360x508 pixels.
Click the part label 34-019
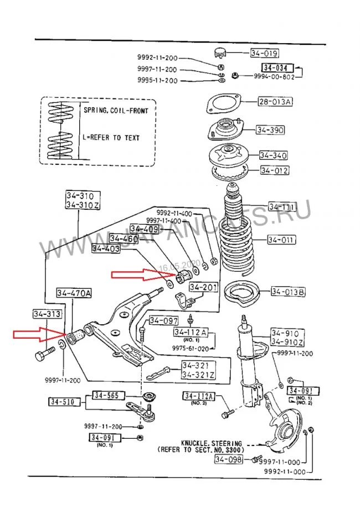coord(264,54)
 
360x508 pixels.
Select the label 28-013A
coord(274,102)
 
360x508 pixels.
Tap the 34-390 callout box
coord(270,130)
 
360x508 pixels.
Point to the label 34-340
coord(273,155)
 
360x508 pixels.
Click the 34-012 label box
coord(274,170)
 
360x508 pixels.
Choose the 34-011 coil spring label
coord(281,240)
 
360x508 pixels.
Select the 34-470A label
coord(74,293)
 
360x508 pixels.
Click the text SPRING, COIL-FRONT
coord(116,110)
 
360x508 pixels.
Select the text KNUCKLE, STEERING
coord(211,444)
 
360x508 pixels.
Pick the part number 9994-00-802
coord(274,76)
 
